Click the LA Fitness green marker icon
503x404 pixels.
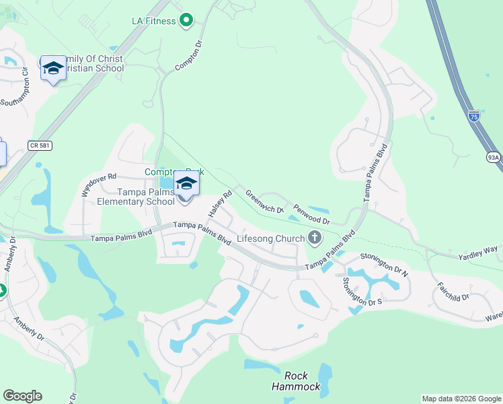click(187, 21)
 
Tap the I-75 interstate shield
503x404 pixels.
click(474, 116)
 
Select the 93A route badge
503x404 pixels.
click(494, 158)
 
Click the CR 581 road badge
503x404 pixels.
click(40, 145)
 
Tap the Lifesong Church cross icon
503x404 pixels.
click(314, 237)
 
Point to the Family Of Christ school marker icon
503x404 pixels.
click(53, 69)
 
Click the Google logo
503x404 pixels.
click(22, 396)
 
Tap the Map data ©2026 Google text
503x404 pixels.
click(461, 399)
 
